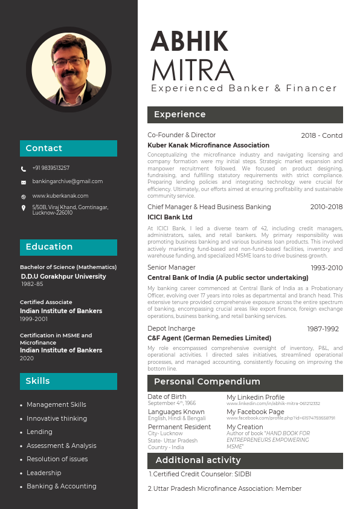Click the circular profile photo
coord(68,68)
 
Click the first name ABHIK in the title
coord(189,41)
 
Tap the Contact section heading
coord(43,148)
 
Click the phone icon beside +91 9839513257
coord(24,169)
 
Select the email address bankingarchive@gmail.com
coord(67,181)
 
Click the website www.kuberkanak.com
coord(60,196)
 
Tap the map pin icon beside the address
coord(24,208)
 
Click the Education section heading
coord(49,247)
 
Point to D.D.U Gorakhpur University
coord(63,276)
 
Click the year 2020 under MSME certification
coord(27,358)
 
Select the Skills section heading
coord(37,381)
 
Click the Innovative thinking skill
coord(57,418)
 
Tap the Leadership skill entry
coord(43,473)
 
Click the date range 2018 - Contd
coord(321,135)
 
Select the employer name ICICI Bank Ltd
coord(170,217)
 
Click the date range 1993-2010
coord(326,268)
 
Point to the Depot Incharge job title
coord(172,328)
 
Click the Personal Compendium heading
coord(207,382)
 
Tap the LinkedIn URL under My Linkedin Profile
coord(273,403)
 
